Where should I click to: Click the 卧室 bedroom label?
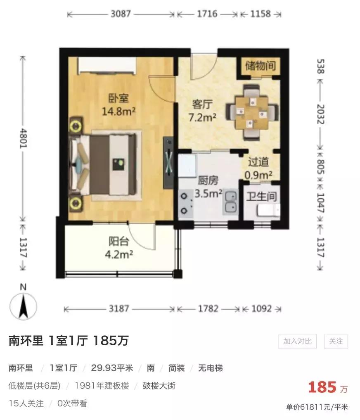tap(119, 98)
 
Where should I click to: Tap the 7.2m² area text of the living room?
tap(202, 117)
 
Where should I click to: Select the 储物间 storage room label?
tap(260, 66)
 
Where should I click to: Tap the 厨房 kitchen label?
tap(208, 180)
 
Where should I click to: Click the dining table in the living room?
tap(251, 112)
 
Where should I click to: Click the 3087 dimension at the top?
tap(121, 14)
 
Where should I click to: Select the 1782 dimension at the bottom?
tap(208, 308)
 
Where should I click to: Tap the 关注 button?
tap(336, 341)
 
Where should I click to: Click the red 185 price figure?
tap(322, 387)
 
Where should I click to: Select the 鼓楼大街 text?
tap(159, 386)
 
